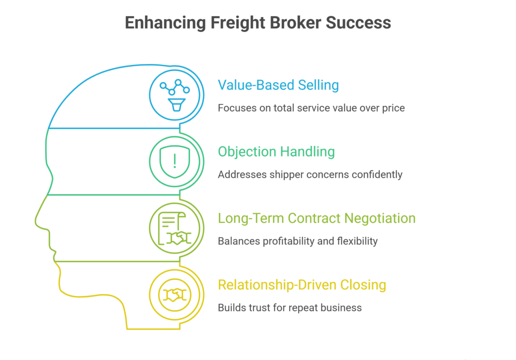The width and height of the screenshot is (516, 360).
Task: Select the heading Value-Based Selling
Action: coord(278,85)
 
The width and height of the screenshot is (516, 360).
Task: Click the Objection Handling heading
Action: coord(277,151)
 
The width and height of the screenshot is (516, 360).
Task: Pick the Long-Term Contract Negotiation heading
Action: coord(316,218)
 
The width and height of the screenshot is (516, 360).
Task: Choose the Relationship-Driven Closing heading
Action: coord(302,285)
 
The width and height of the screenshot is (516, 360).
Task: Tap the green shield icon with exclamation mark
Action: coord(175,161)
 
